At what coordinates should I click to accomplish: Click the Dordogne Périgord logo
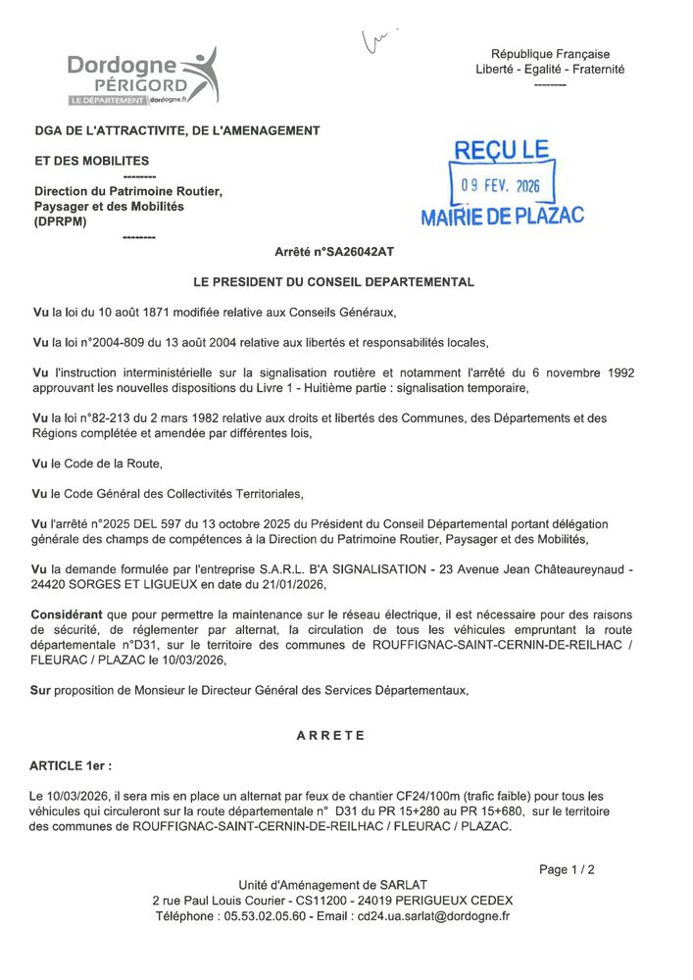pyautogui.click(x=141, y=77)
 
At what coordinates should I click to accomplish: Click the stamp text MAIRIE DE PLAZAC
pyautogui.click(x=502, y=216)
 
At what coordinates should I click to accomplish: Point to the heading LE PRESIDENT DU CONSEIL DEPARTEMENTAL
pyautogui.click(x=333, y=282)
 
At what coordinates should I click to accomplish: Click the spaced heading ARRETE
pyautogui.click(x=330, y=735)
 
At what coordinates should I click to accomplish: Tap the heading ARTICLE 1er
pyautogui.click(x=71, y=764)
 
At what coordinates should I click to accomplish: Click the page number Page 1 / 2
pyautogui.click(x=567, y=869)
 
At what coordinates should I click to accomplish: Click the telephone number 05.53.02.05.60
pyautogui.click(x=261, y=916)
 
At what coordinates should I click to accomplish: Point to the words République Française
pyautogui.click(x=550, y=54)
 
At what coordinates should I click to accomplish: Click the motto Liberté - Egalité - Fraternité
pyautogui.click(x=550, y=70)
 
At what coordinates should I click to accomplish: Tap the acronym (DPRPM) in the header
pyautogui.click(x=61, y=221)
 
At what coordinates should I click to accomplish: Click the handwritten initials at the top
pyautogui.click(x=377, y=40)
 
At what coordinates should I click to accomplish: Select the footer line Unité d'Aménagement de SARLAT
pyautogui.click(x=332, y=885)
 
